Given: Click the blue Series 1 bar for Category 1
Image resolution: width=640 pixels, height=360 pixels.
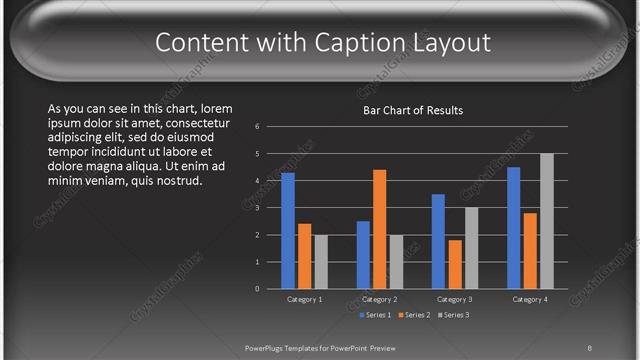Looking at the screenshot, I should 288,231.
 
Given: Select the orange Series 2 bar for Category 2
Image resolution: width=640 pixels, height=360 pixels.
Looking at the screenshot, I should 380,229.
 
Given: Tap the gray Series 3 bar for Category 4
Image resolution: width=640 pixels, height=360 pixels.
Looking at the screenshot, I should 546,221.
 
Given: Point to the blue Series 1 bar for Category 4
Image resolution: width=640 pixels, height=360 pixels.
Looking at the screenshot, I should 514,228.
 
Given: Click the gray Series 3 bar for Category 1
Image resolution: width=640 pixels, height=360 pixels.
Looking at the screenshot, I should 321,262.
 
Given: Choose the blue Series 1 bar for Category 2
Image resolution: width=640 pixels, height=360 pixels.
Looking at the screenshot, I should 363,255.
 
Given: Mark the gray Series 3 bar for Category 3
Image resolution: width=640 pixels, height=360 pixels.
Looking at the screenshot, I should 471,248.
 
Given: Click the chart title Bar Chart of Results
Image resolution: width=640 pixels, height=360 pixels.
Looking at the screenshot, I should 412,110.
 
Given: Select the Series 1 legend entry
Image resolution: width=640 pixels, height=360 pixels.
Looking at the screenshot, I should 376,315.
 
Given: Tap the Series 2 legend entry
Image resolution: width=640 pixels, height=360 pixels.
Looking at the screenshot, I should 415,315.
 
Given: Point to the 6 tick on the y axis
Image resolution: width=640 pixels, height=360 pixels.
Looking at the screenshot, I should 257,127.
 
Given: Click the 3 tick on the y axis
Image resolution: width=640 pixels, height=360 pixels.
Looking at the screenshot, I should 257,208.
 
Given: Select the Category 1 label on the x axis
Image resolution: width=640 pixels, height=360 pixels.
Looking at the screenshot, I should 304,299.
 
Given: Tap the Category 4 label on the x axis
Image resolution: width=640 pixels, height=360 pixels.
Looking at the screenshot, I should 529,299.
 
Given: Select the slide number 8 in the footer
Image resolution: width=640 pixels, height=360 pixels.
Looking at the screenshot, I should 590,348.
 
